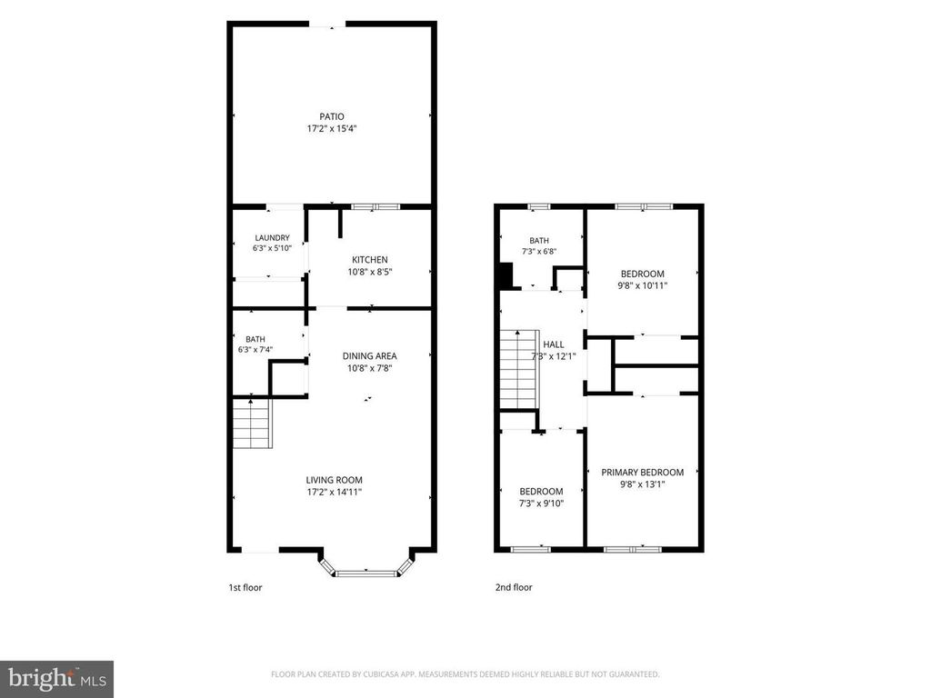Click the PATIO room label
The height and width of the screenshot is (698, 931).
tap(331, 117)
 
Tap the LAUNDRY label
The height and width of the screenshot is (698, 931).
tap(272, 238)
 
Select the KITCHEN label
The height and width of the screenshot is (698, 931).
tap(370, 260)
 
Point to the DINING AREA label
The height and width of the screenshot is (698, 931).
tap(369, 356)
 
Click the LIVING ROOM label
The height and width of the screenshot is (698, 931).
tap(335, 480)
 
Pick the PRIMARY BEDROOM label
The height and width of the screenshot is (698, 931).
tap(643, 473)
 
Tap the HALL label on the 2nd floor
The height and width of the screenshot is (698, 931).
tap(554, 344)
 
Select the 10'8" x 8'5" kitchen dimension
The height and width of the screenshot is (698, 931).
tap(370, 272)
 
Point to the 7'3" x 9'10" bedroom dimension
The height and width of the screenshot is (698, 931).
tap(541, 504)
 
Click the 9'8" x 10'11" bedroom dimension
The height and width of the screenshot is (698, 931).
tap(643, 285)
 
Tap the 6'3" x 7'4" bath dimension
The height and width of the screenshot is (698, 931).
tap(255, 350)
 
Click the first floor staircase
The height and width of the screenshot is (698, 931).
tap(252, 424)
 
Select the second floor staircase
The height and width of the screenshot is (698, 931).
tap(519, 370)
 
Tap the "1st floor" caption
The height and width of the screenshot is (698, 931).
tap(245, 588)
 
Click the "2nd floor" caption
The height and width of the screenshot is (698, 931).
tap(514, 588)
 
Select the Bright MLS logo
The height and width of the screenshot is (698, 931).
tap(57, 678)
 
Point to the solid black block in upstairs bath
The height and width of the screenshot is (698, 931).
tap(505, 276)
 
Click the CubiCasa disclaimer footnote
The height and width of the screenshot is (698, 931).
tap(465, 674)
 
